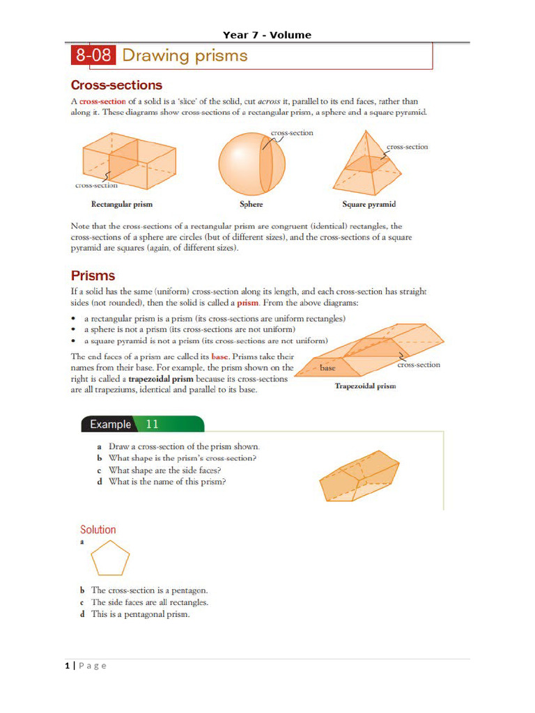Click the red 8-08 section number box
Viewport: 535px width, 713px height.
pyautogui.click(x=93, y=56)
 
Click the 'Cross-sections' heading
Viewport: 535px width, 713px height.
pyautogui.click(x=116, y=85)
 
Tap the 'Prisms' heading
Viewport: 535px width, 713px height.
pyautogui.click(x=93, y=275)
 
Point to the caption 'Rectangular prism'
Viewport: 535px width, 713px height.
pyautogui.click(x=122, y=205)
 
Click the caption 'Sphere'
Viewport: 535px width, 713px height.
pyautogui.click(x=251, y=205)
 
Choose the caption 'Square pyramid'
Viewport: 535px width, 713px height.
pyautogui.click(x=369, y=205)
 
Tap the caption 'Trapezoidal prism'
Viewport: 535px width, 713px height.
pyautogui.click(x=365, y=386)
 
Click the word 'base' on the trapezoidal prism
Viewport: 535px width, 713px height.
pyautogui.click(x=327, y=368)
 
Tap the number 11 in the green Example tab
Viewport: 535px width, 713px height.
pyautogui.click(x=153, y=424)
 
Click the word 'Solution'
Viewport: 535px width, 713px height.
pyautogui.click(x=98, y=529)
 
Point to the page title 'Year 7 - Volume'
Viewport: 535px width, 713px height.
pyautogui.click(x=267, y=35)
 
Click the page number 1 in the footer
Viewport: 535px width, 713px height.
pyautogui.click(x=68, y=666)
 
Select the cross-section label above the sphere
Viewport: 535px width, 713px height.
pyautogui.click(x=291, y=132)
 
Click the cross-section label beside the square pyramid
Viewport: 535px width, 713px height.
pyautogui.click(x=407, y=147)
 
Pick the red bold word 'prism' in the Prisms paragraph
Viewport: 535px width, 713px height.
pyautogui.click(x=248, y=304)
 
